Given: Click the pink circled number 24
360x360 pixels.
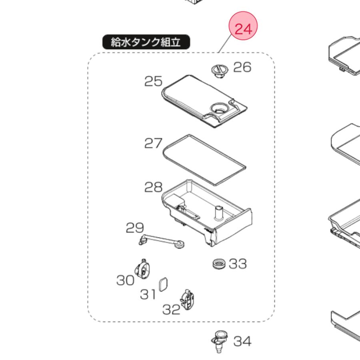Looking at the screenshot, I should tap(243, 28).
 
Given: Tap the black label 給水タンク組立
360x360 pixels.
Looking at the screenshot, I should tap(146, 42).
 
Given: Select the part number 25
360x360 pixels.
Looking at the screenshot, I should tap(153, 81).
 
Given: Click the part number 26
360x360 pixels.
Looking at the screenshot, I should tap(242, 67).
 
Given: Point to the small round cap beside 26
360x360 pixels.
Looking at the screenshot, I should tap(218, 70).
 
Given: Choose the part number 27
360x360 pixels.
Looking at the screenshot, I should tap(153, 143).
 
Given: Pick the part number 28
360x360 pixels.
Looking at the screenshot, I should tap(154, 187).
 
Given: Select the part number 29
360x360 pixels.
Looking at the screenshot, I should tap(135, 228).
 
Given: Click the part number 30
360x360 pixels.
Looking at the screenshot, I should tap(125, 280).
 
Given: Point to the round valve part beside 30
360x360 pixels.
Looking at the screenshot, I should tap(142, 268).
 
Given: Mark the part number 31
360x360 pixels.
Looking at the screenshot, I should tap(148, 294).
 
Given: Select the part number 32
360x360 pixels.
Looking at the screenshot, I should tap(171, 309).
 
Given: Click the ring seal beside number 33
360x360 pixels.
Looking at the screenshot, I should tap(218, 264).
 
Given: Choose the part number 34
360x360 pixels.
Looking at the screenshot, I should tap(242, 341).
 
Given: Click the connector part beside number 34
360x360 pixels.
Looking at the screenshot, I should tap(218, 341).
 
